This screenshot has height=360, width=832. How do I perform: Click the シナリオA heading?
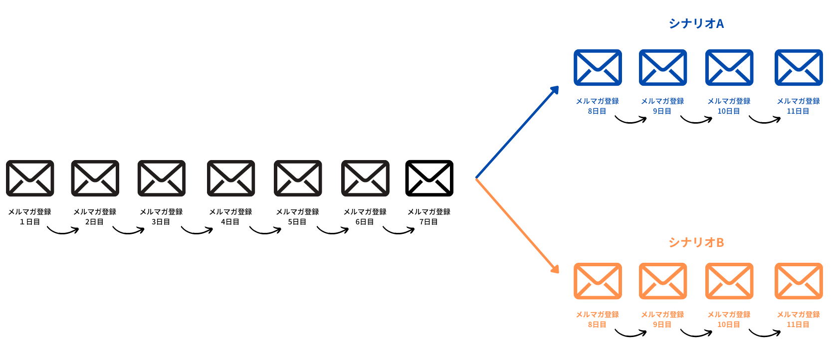point(696,23)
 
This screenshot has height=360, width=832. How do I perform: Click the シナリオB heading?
point(696,242)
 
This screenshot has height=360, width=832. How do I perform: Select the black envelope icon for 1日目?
point(30,178)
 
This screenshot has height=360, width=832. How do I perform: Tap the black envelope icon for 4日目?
point(231,178)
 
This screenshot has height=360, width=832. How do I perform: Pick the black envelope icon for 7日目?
point(429,178)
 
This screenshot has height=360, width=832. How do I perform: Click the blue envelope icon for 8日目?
point(598,67)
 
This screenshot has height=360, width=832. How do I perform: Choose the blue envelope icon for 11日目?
point(798,67)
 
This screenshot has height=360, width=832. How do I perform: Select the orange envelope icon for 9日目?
point(663,281)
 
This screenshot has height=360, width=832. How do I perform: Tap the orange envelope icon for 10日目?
point(729,281)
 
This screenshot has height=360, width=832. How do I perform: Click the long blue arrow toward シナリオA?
point(517,132)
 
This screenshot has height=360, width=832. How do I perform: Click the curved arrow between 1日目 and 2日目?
point(63,231)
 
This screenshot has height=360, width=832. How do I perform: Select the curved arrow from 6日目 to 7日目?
point(399,231)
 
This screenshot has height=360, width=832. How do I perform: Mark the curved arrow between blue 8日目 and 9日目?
point(630,120)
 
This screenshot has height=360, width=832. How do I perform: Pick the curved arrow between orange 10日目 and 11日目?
point(765,334)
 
